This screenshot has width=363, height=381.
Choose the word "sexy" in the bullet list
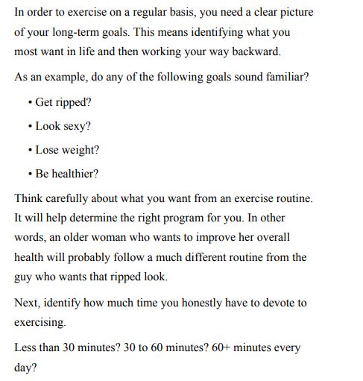(75, 127)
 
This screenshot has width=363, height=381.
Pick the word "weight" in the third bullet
(77, 150)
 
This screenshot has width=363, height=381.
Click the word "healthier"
(75, 174)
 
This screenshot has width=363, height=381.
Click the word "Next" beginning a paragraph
(27, 303)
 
